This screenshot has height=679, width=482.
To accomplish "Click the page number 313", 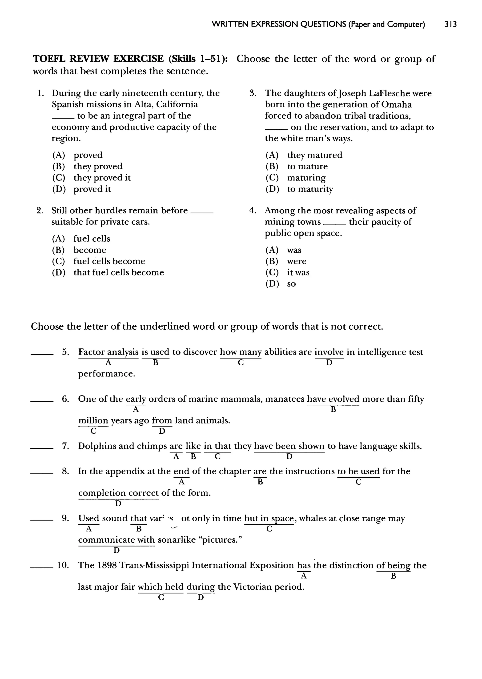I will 450,24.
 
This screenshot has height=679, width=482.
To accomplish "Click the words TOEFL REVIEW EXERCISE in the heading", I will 98,59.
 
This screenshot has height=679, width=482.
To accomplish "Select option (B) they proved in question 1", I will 98,166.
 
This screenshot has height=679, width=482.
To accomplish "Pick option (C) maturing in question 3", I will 306,178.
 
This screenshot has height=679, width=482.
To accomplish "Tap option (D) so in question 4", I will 291,284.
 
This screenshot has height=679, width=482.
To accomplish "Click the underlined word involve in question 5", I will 329,352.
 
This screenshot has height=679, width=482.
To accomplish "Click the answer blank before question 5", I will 42,353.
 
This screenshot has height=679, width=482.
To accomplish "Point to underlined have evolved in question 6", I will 333,399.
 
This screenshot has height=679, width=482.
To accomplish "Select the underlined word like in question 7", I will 193,446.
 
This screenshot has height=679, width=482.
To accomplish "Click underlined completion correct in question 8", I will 118,493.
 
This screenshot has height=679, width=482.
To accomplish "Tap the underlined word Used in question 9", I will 88,519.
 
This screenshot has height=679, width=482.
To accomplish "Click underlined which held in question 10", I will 161,587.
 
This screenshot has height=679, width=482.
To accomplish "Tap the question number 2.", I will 40,211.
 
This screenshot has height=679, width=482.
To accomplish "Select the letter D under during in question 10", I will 201,597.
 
